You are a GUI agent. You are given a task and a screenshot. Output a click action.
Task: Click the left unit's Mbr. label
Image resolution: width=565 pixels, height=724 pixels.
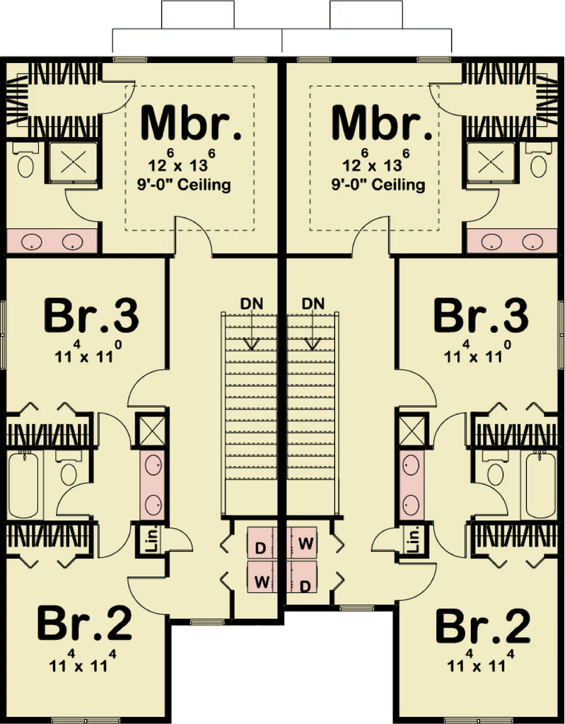(190, 124)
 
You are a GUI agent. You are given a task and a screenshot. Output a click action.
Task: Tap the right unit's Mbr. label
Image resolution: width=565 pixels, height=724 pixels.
(381, 124)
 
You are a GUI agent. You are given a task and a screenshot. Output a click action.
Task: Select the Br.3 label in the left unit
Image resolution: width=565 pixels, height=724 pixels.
(91, 316)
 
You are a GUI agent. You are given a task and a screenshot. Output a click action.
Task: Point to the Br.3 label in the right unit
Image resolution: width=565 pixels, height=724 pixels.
(481, 316)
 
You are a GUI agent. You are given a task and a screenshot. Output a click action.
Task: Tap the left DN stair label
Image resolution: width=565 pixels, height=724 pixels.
(251, 303)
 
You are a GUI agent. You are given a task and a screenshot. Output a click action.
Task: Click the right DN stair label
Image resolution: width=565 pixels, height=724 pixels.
(313, 303)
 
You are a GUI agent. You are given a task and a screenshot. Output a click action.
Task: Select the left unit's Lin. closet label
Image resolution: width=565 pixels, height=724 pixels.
(150, 541)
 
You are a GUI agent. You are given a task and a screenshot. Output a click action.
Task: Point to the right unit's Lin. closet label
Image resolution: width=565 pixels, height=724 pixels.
(415, 541)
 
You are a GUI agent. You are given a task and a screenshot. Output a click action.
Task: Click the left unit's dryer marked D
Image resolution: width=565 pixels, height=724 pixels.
(260, 547)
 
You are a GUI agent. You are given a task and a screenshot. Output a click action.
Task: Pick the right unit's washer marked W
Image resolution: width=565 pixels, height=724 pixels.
(305, 544)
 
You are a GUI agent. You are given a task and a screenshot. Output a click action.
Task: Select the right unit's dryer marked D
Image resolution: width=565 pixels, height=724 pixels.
(305, 585)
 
